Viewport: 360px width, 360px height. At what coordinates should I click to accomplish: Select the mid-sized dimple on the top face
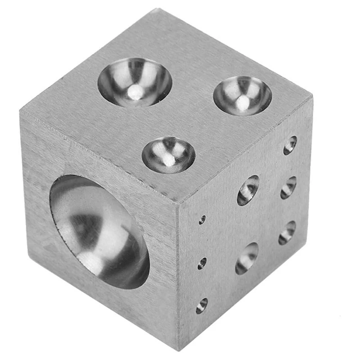pos(242,95)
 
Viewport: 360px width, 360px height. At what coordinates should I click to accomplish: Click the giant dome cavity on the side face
pos(99,232)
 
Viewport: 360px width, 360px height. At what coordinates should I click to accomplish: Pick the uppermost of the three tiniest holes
pos(202,220)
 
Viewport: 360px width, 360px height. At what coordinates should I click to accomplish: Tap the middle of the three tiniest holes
pos(202,263)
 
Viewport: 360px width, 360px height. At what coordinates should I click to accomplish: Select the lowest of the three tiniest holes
pos(202,306)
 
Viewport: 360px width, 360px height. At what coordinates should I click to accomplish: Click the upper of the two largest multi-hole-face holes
pos(248,190)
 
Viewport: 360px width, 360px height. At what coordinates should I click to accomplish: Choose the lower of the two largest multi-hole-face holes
pos(247,258)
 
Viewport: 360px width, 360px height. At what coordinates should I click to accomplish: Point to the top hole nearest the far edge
pos(290,145)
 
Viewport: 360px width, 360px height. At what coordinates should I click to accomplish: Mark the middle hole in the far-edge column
pos(288,187)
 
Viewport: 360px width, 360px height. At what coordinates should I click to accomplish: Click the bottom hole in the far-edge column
pos(287,232)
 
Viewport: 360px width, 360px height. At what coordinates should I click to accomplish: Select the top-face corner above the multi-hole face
pos(311,96)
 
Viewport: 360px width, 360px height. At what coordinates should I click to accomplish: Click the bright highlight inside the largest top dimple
pos(134,93)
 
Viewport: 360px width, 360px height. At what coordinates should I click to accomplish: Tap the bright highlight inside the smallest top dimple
pos(168,159)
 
